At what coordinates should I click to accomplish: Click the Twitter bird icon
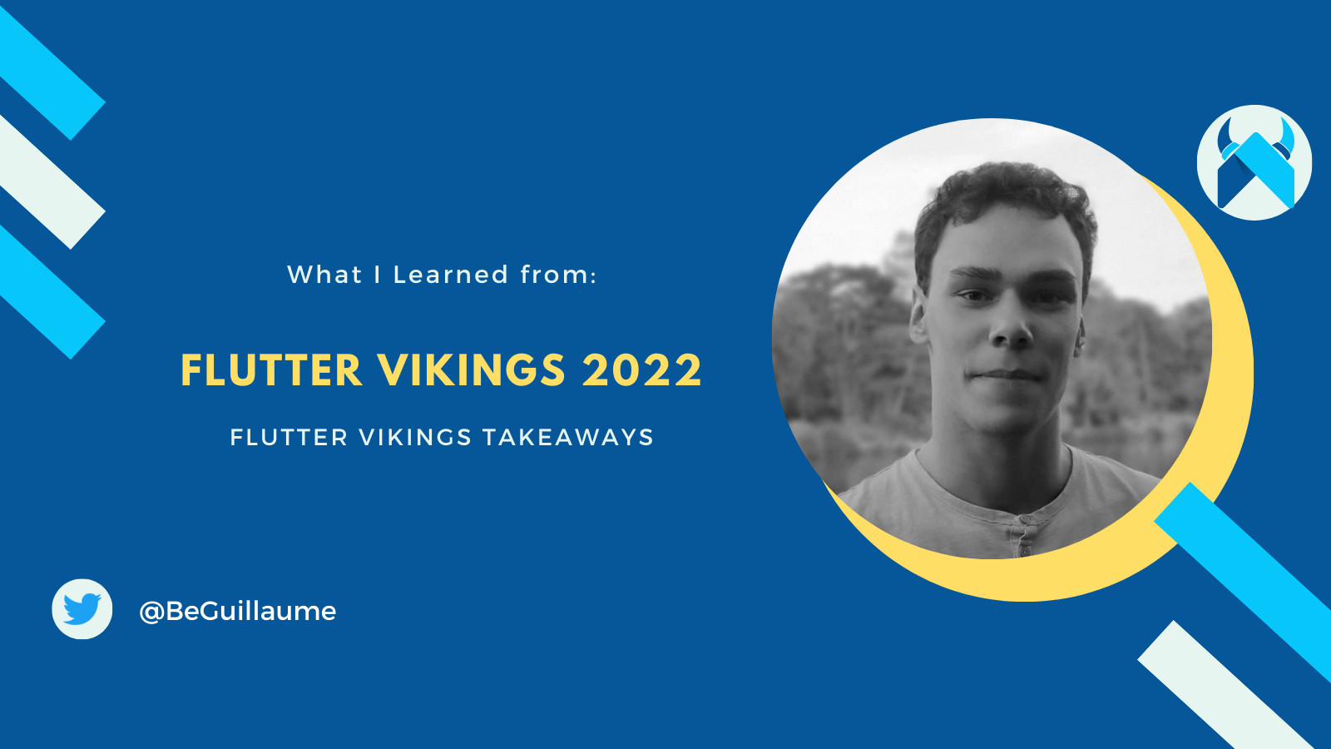click(x=82, y=609)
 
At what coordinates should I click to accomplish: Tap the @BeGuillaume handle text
click(x=238, y=612)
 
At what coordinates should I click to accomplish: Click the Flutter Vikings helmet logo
click(x=1254, y=163)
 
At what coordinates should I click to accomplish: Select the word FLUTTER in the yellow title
click(x=271, y=371)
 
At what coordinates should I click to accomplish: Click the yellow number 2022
click(x=642, y=371)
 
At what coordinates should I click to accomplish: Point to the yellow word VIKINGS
click(x=471, y=371)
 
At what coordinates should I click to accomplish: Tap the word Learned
click(x=450, y=275)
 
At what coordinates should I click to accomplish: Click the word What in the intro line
click(x=324, y=275)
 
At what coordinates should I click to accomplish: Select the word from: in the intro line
click(x=558, y=275)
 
